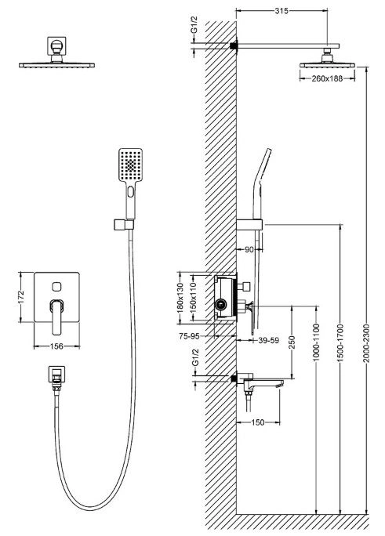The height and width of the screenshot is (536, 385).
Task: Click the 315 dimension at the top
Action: click(281, 11)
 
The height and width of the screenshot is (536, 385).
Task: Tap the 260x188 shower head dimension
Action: click(327, 78)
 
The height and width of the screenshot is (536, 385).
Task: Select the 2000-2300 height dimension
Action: click(366, 343)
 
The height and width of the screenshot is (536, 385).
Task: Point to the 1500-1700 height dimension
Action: click(340, 343)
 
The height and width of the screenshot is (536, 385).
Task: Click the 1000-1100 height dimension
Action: click(316, 342)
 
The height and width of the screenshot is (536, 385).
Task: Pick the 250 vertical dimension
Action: click(292, 342)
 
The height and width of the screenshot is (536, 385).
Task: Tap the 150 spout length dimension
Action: click(257, 422)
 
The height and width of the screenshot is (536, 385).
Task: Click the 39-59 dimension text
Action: click(268, 340)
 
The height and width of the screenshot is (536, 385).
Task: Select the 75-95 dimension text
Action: click(189, 336)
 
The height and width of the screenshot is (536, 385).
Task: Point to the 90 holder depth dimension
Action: click(249, 249)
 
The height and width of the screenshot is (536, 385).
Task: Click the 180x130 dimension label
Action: click(182, 297)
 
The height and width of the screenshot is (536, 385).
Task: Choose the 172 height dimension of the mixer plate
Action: click(21, 297)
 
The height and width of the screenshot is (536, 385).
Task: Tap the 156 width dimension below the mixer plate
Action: click(56, 346)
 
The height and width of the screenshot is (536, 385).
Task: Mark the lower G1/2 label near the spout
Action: click(195, 357)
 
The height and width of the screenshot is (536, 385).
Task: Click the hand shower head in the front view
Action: click(130, 165)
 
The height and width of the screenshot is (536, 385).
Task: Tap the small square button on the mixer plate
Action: click(56, 287)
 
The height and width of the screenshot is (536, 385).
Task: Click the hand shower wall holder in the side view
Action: click(249, 225)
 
